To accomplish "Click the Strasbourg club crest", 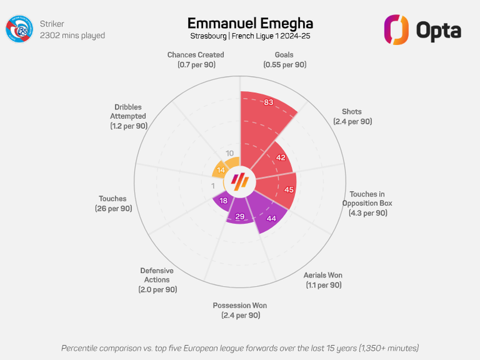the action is (20, 29).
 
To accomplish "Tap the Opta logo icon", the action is (396, 30).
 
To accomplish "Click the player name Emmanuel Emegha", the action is (250, 24).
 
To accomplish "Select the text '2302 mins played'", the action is (72, 36).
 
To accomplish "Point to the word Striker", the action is (52, 24).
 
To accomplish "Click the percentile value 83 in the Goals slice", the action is (268, 102).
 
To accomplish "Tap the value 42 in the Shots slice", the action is (281, 157).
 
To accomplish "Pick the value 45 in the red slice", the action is (289, 190).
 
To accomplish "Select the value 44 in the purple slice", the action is (271, 218).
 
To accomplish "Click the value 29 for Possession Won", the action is (240, 217).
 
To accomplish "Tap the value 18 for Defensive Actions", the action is (224, 201).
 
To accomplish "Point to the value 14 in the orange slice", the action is (221, 170).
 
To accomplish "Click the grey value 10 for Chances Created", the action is (230, 153).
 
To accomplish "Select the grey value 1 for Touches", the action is (213, 186).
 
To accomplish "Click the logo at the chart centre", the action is (240, 182).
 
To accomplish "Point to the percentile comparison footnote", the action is (240, 348).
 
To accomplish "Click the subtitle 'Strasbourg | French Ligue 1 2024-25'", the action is (250, 36).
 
